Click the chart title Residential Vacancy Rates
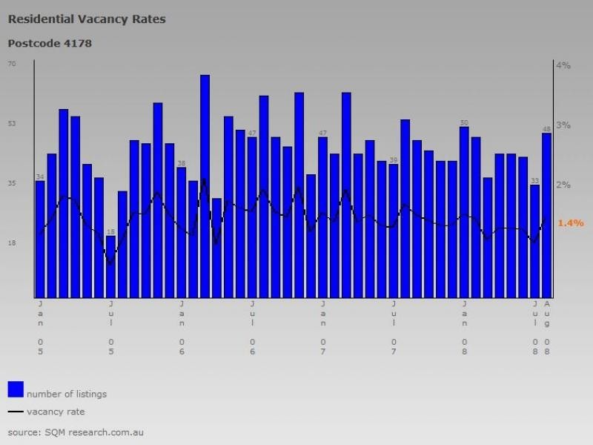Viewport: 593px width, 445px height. point(87,19)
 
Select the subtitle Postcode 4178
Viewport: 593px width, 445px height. point(50,43)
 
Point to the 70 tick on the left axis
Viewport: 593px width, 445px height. point(12,64)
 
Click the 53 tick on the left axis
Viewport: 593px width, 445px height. point(12,123)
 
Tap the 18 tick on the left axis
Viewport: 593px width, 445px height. point(12,243)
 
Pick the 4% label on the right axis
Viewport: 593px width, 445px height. point(563,65)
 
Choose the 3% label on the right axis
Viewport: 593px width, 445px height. point(563,125)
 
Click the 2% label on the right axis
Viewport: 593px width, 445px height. point(563,184)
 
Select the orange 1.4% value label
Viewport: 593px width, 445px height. point(571,222)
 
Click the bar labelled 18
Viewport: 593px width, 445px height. point(111,267)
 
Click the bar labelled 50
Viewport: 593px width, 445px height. point(464,211)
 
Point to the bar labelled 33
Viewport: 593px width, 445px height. point(534,241)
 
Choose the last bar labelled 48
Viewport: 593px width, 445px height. point(546,215)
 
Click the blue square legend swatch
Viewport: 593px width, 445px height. point(16,389)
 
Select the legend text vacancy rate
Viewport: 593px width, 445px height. point(56,412)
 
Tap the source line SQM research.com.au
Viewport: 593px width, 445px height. point(76,432)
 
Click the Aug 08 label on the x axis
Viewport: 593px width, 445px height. point(547,326)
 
